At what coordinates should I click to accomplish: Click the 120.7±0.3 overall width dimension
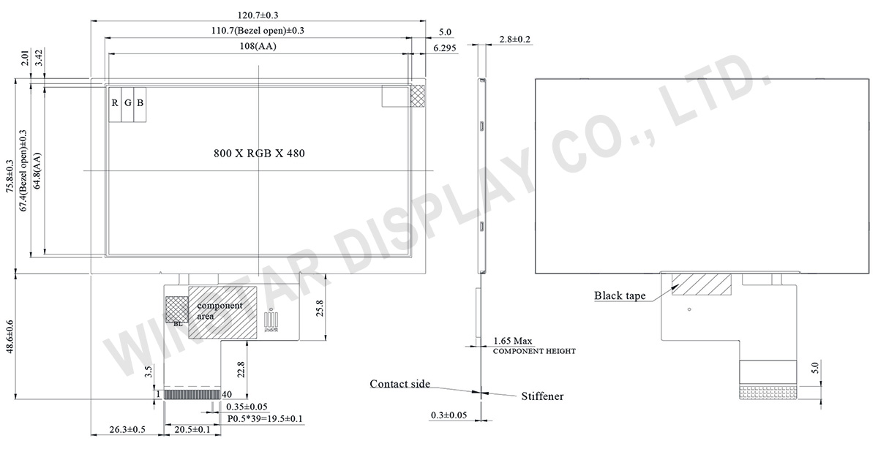258,14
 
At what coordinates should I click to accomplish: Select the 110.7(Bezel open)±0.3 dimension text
258,30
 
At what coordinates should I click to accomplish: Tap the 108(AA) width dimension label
258,46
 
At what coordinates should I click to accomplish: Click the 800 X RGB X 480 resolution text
259,154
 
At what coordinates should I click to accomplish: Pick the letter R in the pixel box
115,102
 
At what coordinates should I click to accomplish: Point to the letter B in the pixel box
140,102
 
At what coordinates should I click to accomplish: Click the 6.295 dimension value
445,48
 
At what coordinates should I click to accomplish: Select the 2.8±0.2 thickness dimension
514,39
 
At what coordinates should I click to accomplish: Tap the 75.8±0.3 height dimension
10,176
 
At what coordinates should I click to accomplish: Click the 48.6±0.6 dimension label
10,337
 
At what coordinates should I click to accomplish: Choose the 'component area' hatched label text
214,311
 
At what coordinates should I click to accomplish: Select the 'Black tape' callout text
619,296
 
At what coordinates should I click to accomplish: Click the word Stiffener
542,396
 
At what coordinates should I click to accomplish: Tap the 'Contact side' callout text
399,384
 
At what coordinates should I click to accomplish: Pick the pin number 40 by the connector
227,394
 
